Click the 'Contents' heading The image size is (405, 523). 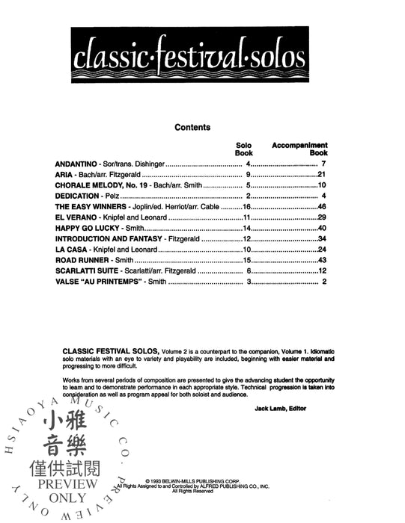(192, 127)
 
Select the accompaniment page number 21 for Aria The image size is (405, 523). (323, 178)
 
